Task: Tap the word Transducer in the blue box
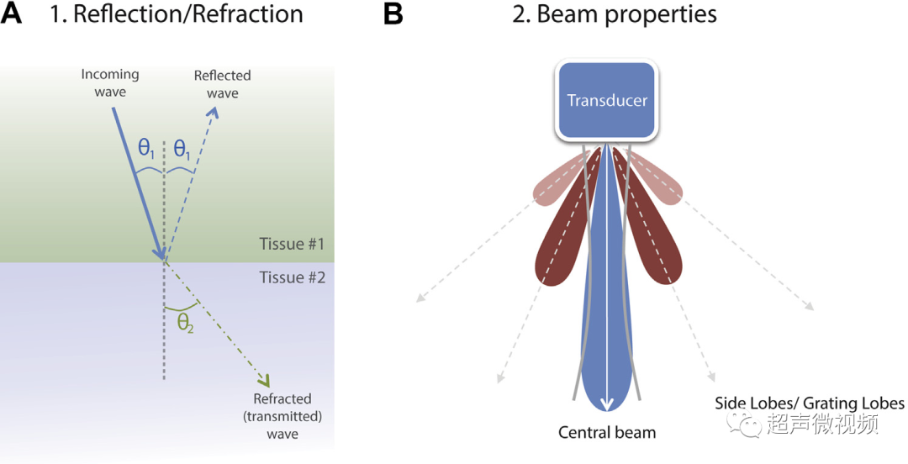pos(606,100)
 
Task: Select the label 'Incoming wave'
pos(110,83)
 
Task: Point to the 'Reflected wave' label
pos(222,84)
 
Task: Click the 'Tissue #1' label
pos(292,244)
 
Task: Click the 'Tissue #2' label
pos(292,277)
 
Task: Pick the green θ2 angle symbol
pos(185,324)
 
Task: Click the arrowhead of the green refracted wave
pos(265,381)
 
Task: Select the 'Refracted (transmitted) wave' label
pos(282,416)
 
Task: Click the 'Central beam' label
pos(607,432)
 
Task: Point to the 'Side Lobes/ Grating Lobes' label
pos(810,403)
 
